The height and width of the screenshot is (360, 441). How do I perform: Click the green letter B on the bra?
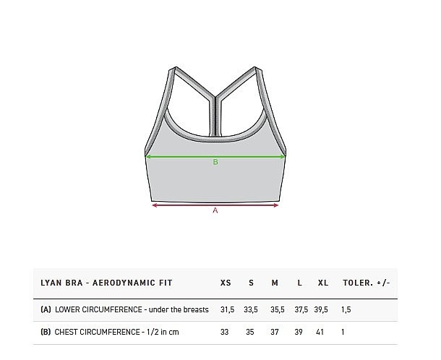click(x=215, y=162)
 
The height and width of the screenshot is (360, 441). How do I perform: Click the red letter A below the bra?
click(x=215, y=210)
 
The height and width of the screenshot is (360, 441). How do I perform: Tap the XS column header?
click(x=226, y=283)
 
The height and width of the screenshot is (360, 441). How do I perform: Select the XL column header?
click(x=323, y=283)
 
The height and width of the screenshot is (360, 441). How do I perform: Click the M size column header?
click(x=275, y=283)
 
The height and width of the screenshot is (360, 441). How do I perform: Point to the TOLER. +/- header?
click(x=367, y=283)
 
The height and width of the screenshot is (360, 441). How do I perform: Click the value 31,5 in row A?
click(x=227, y=309)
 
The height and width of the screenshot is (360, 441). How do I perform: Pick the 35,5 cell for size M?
click(x=278, y=309)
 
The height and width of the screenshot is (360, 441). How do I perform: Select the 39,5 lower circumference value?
click(x=321, y=309)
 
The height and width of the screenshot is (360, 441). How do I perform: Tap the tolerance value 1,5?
click(x=346, y=309)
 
